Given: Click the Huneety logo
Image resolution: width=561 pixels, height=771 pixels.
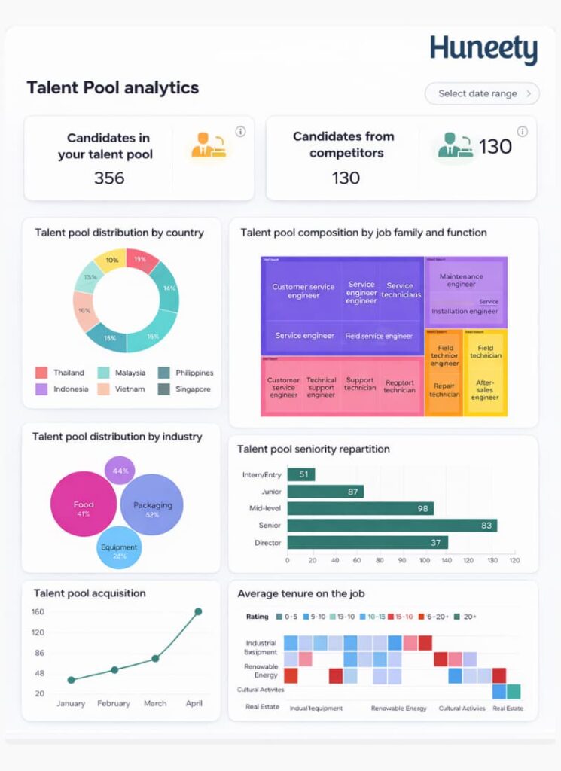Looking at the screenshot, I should [483, 50].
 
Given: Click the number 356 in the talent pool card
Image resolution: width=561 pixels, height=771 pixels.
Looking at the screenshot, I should [109, 178].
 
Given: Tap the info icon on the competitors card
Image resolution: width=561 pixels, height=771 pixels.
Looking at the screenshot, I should [523, 132].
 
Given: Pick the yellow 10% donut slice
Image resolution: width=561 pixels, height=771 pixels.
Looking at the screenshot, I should [112, 260].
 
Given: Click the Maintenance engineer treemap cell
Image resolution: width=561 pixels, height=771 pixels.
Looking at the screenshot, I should [461, 281].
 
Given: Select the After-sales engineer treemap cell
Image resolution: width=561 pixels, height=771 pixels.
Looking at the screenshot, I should [485, 389].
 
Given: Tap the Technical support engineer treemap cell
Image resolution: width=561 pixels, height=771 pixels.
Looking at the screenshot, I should [321, 387].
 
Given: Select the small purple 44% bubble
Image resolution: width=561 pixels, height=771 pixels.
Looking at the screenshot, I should [120, 470].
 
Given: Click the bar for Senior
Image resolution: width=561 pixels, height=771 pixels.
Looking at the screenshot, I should [392, 526].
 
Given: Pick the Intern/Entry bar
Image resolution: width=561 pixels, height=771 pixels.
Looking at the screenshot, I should [301, 474].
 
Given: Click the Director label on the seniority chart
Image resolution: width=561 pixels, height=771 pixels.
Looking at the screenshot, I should [267, 543].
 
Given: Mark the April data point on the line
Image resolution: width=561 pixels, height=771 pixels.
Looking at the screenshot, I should [198, 611].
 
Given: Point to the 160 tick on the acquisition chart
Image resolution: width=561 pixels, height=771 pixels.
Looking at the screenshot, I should [38, 611].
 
